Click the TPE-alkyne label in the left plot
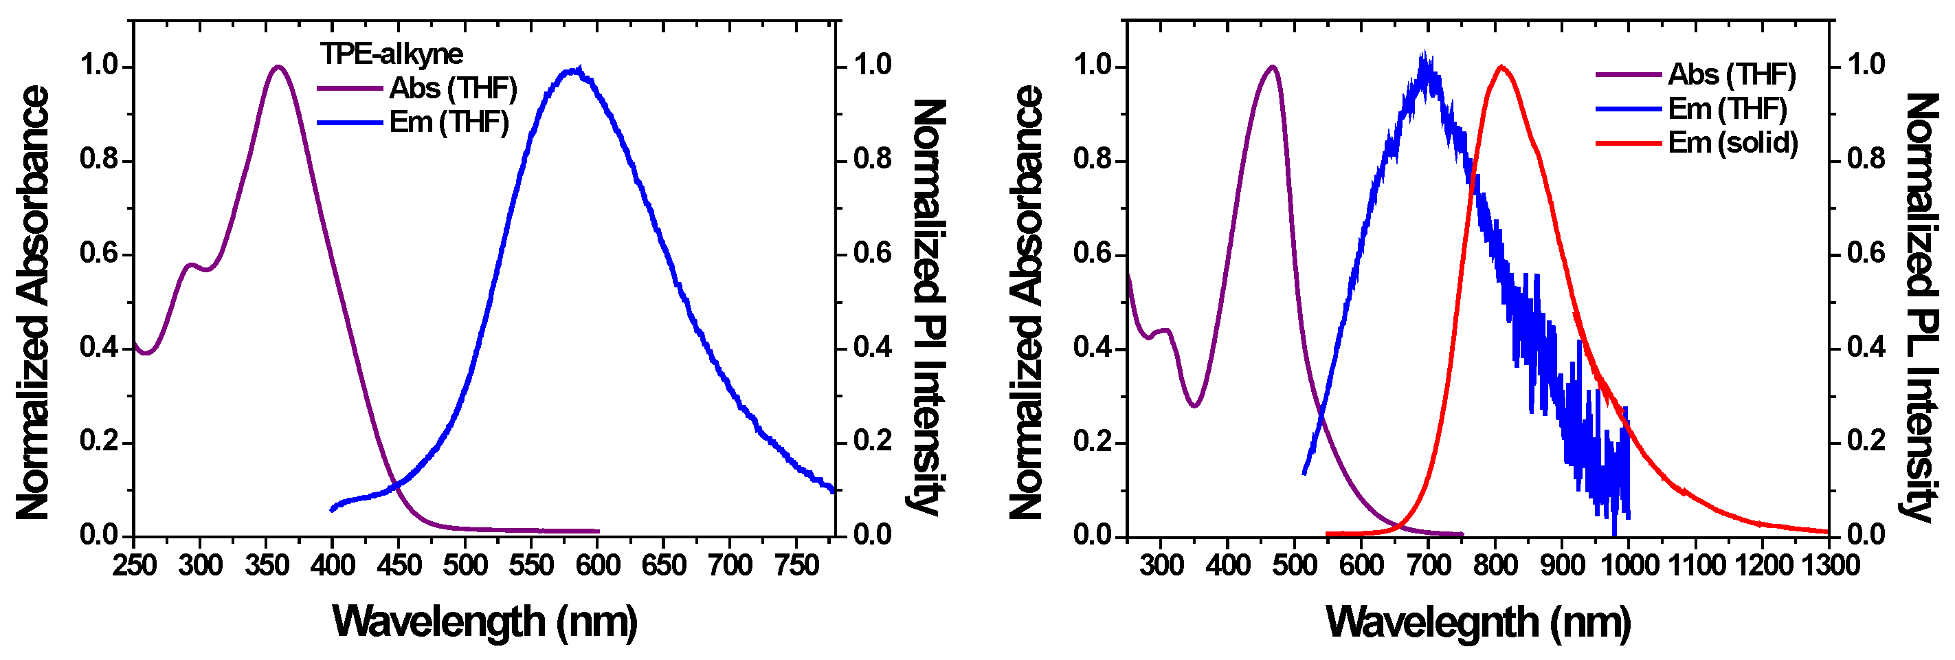coord(391,54)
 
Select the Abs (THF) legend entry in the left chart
coord(452,89)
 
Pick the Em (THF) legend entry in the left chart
coord(449,122)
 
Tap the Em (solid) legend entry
coord(1732,143)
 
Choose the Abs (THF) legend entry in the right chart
coord(1732,74)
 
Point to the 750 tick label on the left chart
coord(796,565)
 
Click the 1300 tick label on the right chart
coord(1829,565)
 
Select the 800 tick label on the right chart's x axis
coord(1495,565)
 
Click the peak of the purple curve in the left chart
coord(278,67)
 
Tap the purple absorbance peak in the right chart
coord(1272,67)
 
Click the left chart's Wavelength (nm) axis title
coord(484,621)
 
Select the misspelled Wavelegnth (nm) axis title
coord(1478,621)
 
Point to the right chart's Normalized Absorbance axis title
coord(1026,304)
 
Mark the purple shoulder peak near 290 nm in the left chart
coord(191,265)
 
